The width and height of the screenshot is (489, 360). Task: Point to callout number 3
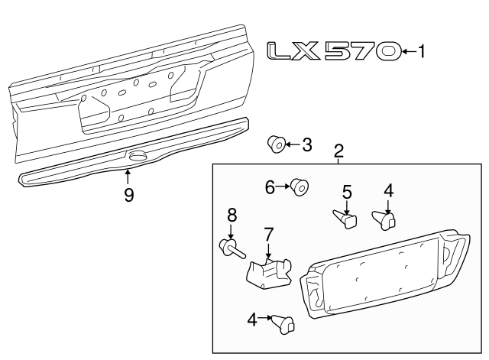pos(306,144)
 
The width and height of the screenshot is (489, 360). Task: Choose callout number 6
pos(270,186)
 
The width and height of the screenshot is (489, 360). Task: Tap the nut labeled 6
pos(299,186)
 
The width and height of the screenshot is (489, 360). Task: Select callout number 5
pos(346,193)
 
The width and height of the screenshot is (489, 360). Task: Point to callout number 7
pos(268,232)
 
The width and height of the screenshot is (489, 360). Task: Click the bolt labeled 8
pos(229,247)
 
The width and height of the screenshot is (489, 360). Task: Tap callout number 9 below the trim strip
pos(128,195)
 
